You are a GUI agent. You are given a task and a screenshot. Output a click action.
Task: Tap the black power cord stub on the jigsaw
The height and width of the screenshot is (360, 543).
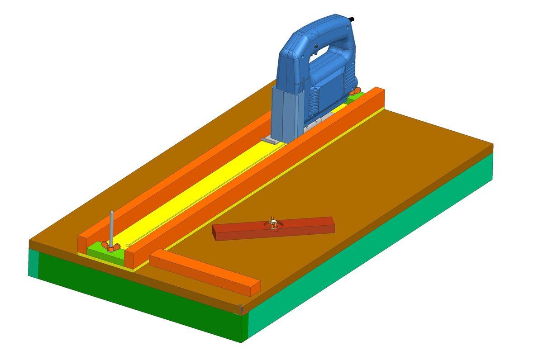[352, 19]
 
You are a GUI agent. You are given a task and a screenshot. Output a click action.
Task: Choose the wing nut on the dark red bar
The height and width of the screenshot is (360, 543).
[273, 223]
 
